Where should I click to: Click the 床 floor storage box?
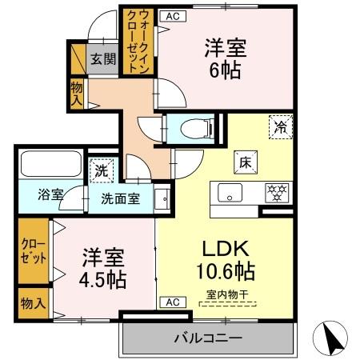(244, 162)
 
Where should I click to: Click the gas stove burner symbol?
(278, 193)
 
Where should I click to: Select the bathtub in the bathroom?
(46, 165)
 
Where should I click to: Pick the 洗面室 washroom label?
(120, 198)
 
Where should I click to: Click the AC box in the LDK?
(171, 302)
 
